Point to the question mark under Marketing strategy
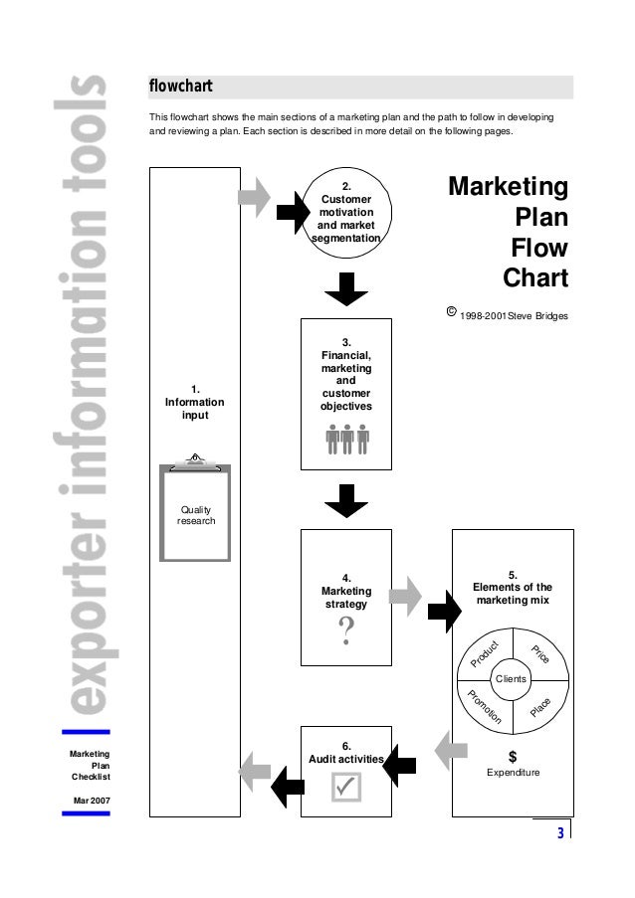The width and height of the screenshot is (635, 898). [x=346, y=630]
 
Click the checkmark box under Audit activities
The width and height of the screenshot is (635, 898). [x=346, y=787]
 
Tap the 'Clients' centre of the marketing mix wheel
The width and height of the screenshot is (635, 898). [x=512, y=679]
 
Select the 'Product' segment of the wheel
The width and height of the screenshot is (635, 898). [x=486, y=653]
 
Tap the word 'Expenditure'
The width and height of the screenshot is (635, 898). [x=513, y=773]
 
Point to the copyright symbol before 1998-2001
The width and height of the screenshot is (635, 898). [x=451, y=312]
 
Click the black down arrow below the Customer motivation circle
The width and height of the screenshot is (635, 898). [x=346, y=288]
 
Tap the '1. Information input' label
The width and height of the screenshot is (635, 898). [x=195, y=401]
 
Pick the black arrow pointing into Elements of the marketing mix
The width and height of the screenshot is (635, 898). [x=440, y=610]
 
